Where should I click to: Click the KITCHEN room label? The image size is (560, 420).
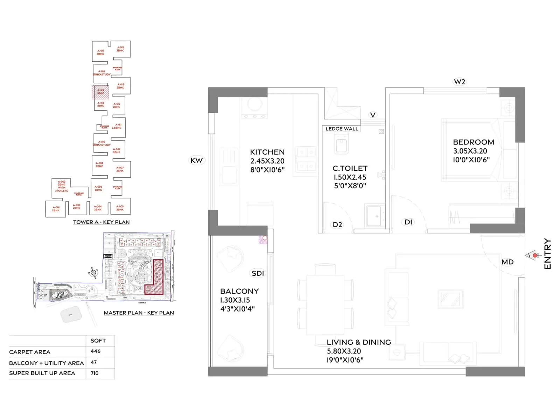click(x=267, y=152)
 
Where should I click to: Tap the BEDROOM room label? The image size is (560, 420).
click(x=473, y=142)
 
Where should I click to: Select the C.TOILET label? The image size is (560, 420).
click(x=350, y=168)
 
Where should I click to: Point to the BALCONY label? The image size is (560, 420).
click(x=239, y=291)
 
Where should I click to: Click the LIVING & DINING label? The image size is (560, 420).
click(x=359, y=342)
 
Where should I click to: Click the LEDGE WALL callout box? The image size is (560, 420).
click(x=342, y=129)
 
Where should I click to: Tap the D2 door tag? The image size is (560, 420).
click(x=337, y=225)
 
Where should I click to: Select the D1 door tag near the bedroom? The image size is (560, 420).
click(x=408, y=222)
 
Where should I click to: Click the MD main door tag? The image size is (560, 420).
click(x=507, y=262)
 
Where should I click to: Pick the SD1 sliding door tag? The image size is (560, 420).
click(x=258, y=273)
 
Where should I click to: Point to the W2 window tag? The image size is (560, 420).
click(x=459, y=82)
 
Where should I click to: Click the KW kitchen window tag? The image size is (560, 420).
click(x=196, y=160)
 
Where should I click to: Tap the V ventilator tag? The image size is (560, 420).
click(x=373, y=115)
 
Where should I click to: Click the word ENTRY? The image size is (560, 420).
click(x=547, y=254)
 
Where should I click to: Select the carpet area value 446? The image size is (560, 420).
click(x=96, y=351)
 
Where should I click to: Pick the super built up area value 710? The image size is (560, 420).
click(x=94, y=373)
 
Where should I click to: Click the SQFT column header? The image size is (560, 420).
click(x=98, y=341)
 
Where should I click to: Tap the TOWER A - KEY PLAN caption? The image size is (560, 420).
click(x=101, y=222)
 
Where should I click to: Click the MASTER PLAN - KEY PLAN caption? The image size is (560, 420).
click(x=139, y=313)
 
